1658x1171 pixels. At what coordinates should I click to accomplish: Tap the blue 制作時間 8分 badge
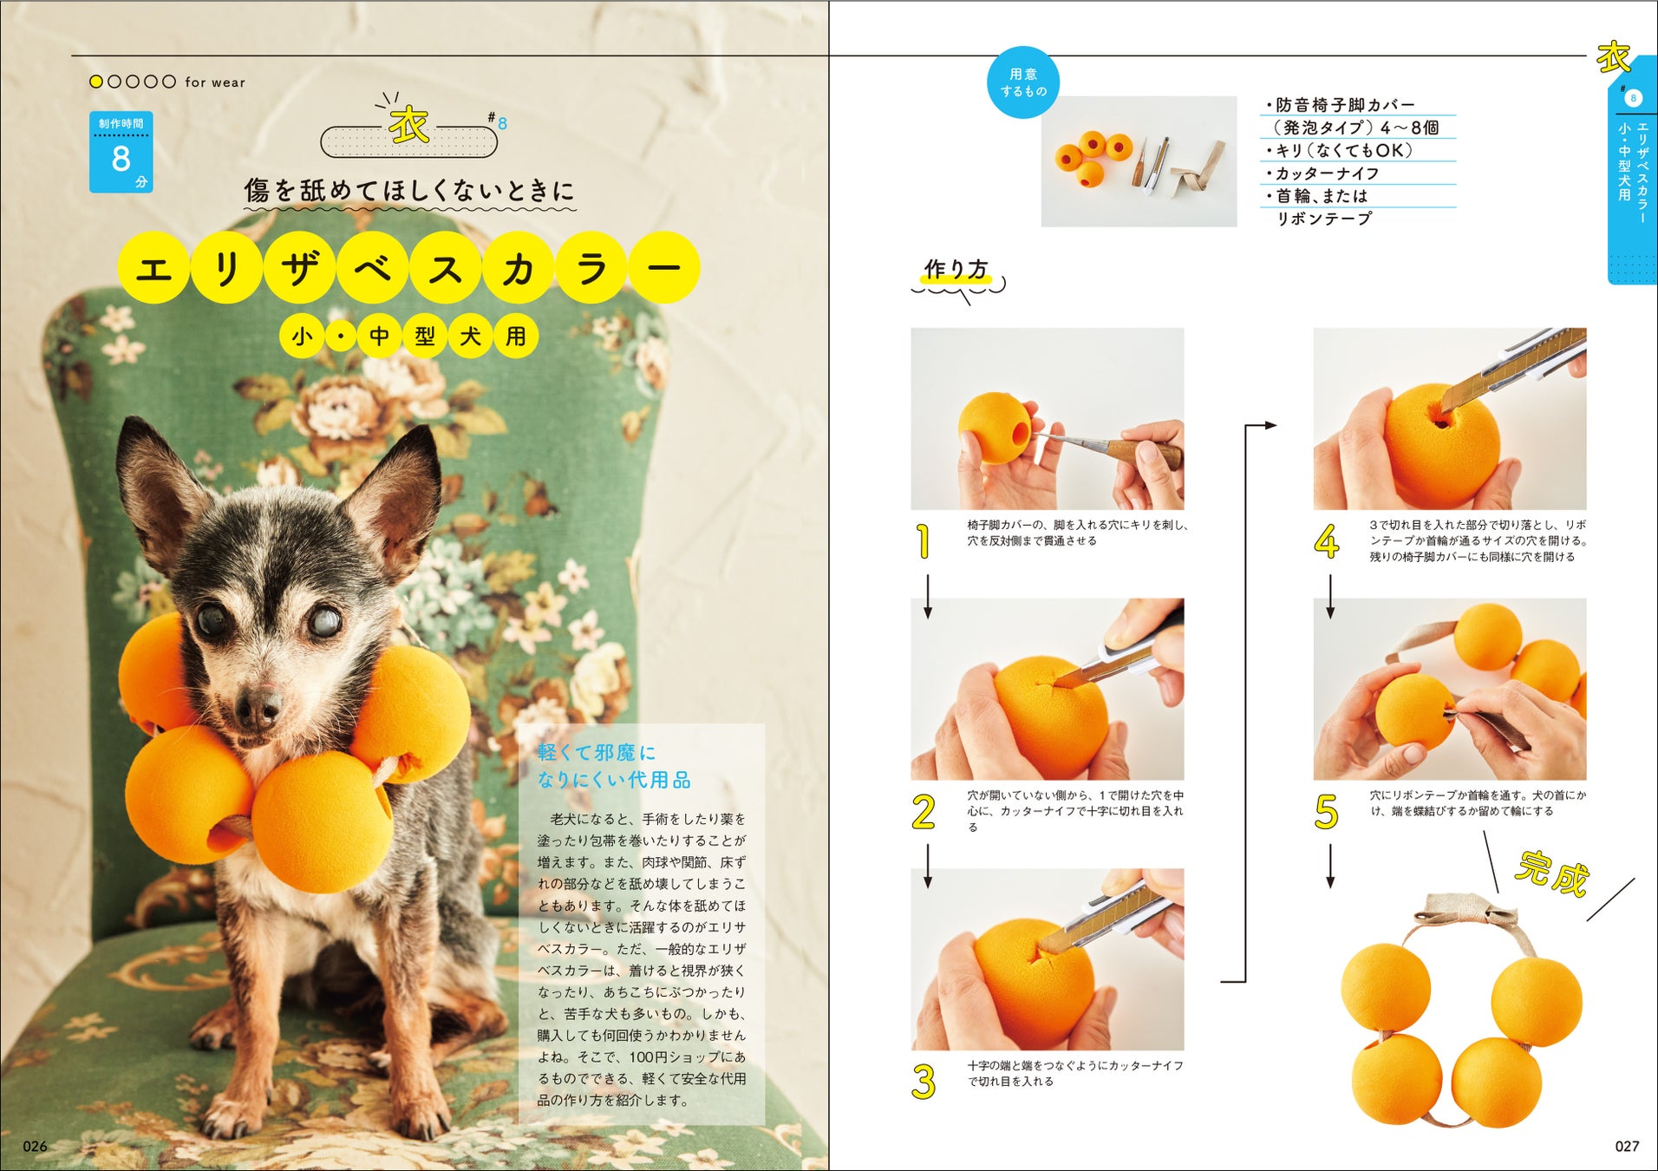tap(121, 152)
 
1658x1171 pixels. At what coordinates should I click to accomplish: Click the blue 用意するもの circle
tap(1023, 82)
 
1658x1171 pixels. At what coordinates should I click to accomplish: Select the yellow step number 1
tap(924, 541)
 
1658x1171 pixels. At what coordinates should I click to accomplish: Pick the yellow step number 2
tap(924, 812)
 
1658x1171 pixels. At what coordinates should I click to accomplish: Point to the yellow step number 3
tap(924, 1083)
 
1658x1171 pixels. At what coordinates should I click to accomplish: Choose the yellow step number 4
tap(1327, 541)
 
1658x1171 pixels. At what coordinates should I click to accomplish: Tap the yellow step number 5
tap(1327, 812)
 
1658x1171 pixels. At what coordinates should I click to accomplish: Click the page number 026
tap(35, 1146)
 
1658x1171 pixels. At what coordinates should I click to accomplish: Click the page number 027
tap(1627, 1146)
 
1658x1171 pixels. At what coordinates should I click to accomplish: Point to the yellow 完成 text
tap(1552, 873)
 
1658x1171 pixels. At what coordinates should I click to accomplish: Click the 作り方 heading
tap(956, 270)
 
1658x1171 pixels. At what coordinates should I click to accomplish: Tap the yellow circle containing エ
tap(153, 268)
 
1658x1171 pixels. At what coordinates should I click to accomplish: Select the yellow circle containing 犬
tap(470, 336)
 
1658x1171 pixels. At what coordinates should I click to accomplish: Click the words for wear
tap(215, 82)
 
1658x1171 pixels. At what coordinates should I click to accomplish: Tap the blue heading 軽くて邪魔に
tap(597, 752)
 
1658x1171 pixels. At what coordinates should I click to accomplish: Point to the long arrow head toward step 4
tap(1270, 425)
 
